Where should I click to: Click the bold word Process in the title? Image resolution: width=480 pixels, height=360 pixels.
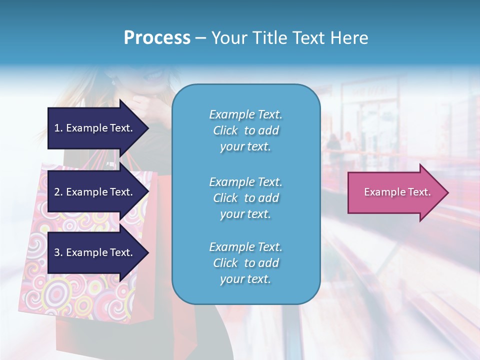point(157,38)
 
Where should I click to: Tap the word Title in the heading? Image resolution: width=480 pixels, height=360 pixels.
point(269,38)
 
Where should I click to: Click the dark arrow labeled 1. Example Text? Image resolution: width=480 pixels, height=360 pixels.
point(95,128)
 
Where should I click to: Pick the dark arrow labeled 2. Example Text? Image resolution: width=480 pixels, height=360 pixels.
point(95,192)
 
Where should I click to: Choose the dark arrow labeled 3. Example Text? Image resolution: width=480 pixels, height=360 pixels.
point(95,252)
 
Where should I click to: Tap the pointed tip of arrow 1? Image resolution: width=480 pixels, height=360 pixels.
point(147,128)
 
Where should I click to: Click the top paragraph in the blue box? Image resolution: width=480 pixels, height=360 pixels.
point(245,130)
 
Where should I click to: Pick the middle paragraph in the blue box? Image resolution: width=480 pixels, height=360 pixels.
point(245,198)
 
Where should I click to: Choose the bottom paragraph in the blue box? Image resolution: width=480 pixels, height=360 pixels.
point(245,263)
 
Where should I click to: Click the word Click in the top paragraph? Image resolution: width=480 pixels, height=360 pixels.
point(225,130)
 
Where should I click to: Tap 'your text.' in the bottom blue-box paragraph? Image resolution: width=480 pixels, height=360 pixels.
point(245,279)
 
